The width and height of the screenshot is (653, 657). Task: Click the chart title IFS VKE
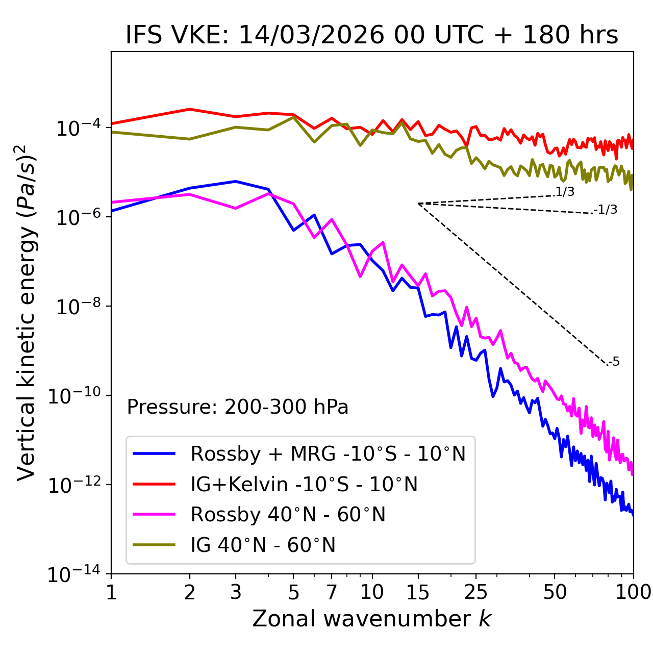[371, 35]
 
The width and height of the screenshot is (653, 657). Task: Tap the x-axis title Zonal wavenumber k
[371, 619]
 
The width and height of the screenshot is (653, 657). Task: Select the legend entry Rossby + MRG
[328, 453]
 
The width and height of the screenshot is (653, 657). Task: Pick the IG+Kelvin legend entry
[304, 484]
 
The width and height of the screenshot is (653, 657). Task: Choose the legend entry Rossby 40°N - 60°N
[288, 515]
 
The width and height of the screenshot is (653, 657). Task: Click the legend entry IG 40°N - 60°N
[263, 545]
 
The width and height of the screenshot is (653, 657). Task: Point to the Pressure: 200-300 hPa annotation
[238, 407]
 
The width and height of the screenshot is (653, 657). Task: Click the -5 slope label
[614, 362]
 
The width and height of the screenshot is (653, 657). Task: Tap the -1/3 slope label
[606, 210]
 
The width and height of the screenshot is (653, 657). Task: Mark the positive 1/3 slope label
[565, 192]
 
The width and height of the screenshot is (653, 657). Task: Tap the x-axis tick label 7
[332, 592]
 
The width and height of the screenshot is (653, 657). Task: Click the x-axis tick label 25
[476, 592]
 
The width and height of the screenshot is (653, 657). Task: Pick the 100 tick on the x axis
[633, 592]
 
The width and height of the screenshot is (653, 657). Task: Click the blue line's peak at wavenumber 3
[236, 181]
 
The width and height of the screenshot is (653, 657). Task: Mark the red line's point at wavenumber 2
[190, 109]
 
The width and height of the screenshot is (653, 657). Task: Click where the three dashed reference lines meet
[418, 204]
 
